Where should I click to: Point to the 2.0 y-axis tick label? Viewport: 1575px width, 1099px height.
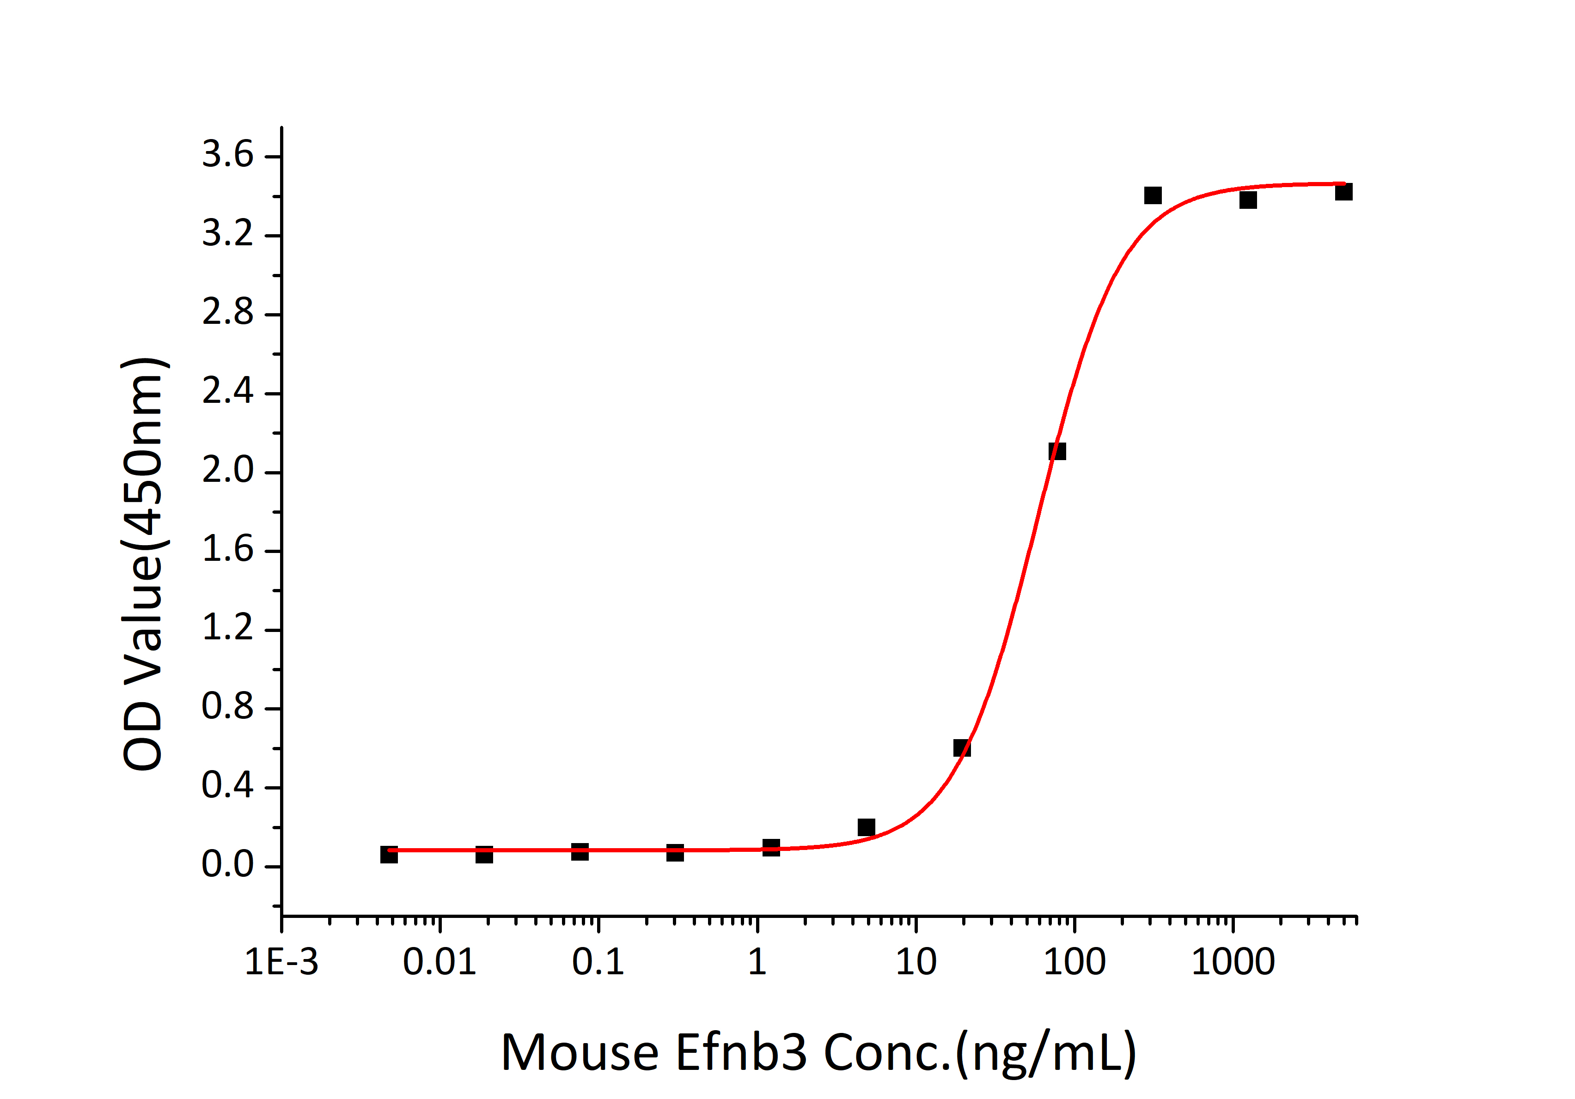pos(227,471)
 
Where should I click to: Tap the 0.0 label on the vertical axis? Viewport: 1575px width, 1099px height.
pos(227,865)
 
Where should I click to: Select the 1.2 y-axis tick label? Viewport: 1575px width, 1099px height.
pos(227,629)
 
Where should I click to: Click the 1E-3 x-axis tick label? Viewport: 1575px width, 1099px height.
pos(281,962)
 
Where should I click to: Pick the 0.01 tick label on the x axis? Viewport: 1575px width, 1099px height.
pos(439,962)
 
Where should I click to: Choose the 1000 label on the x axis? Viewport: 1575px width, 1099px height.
pos(1233,962)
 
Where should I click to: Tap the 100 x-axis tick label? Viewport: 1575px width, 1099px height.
pos(1074,962)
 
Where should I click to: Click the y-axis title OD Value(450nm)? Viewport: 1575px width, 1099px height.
pos(144,564)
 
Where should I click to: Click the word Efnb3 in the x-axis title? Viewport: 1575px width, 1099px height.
pos(741,1052)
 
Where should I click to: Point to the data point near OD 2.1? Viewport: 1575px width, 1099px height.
pos(1057,451)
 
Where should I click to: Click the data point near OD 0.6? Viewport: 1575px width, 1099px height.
pos(962,748)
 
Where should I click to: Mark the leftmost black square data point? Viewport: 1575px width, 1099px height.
pos(389,854)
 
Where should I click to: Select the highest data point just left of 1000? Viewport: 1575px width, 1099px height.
pos(1153,195)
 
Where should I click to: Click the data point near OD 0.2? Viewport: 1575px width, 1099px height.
pos(867,827)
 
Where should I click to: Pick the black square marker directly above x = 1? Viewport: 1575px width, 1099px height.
pos(771,847)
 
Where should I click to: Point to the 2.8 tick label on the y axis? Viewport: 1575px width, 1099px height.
pos(227,313)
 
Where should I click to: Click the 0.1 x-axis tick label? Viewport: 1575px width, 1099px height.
pos(598,962)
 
